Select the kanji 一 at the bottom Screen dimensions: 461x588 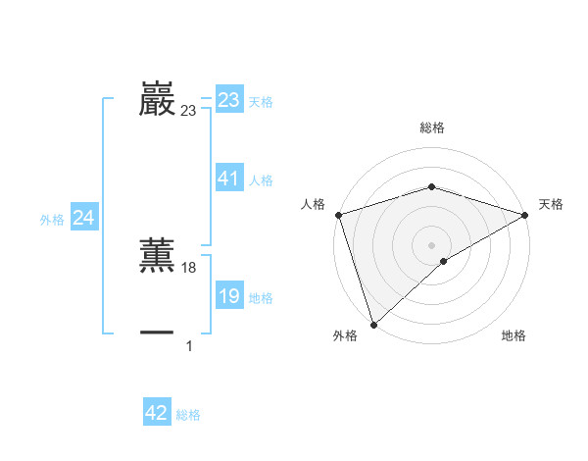(x=157, y=333)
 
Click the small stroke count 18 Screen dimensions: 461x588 (x=189, y=268)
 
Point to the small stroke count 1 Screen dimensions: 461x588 (x=189, y=346)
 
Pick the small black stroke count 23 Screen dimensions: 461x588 (x=188, y=112)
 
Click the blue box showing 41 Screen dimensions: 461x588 (x=229, y=179)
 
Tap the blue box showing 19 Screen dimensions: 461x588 (x=229, y=297)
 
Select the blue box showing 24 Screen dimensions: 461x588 (x=84, y=219)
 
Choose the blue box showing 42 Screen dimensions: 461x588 (x=157, y=413)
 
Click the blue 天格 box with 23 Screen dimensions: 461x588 (x=229, y=100)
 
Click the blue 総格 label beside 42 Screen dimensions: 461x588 (x=188, y=415)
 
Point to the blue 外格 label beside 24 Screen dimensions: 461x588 (x=52, y=220)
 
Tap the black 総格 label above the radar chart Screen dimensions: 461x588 (x=431, y=128)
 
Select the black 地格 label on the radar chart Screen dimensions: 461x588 (x=514, y=336)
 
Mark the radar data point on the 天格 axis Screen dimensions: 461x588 (x=525, y=215)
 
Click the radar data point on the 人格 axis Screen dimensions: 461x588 (x=338, y=215)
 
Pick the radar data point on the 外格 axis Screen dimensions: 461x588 (x=373, y=323)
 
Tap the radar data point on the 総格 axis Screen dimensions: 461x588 (x=431, y=186)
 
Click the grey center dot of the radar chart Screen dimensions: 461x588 (x=431, y=244)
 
